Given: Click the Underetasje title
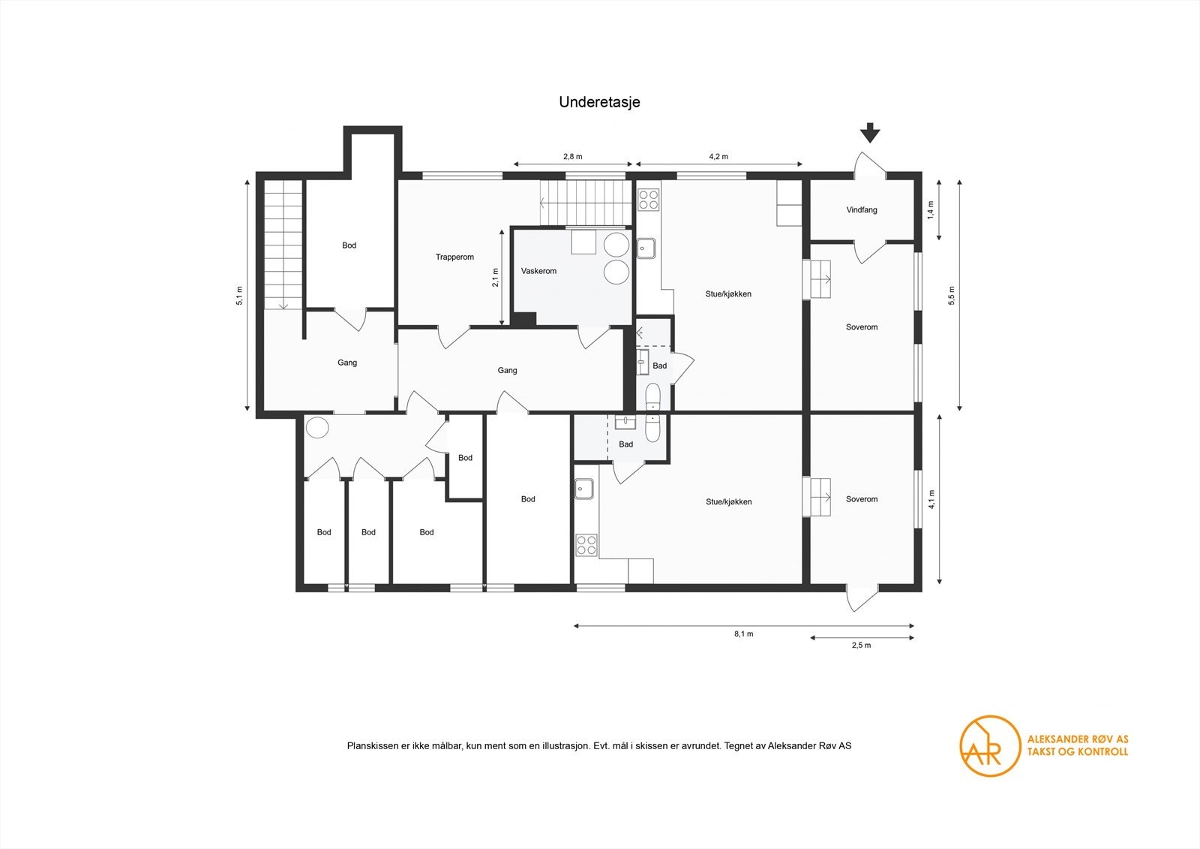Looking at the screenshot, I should click(x=599, y=103).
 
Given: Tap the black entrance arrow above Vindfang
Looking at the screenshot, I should click(x=869, y=133).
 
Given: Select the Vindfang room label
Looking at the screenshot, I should click(x=861, y=210).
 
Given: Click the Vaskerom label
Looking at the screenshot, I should click(x=538, y=271).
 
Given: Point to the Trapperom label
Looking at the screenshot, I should click(x=454, y=257).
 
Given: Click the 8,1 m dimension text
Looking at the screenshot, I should click(x=743, y=634).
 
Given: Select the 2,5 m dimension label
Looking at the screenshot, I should click(x=861, y=646).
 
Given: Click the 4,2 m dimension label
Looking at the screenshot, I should click(x=718, y=157).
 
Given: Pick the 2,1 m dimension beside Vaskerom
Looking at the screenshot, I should click(x=495, y=278).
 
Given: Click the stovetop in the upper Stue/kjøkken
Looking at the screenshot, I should click(x=648, y=200).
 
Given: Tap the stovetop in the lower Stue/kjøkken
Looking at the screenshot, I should click(x=586, y=545).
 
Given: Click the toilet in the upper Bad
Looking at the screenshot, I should click(x=652, y=396).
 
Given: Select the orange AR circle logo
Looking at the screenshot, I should click(x=990, y=745).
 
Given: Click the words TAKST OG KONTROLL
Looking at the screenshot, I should click(x=1077, y=751).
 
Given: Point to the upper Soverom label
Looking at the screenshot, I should click(x=861, y=327).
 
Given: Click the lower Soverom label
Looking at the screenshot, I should click(x=861, y=499).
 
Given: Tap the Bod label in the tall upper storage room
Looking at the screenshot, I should click(x=349, y=245).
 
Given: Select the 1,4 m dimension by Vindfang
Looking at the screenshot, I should click(x=930, y=209).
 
